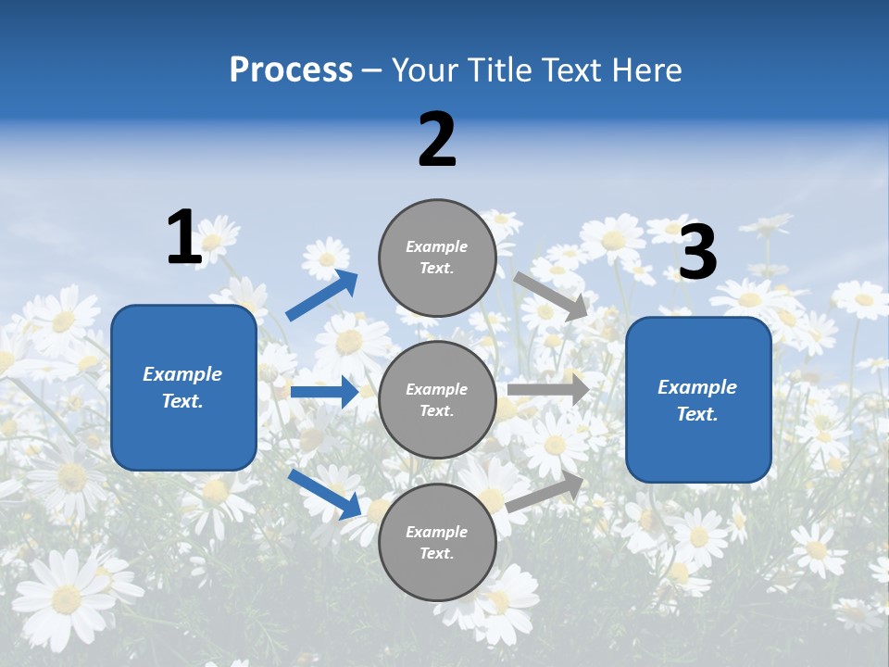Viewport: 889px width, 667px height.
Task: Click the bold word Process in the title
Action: coord(291,70)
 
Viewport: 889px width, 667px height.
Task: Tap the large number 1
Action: coord(184,237)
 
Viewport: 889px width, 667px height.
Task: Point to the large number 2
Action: coord(437,140)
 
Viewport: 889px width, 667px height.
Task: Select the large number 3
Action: coord(697,253)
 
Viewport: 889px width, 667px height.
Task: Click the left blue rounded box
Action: coord(183,387)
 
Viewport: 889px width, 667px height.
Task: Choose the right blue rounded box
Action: coord(698,400)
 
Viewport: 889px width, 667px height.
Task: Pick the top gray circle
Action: coord(437,258)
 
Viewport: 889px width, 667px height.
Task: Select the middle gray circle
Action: coord(437,399)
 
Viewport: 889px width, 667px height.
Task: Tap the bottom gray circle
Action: coord(437,542)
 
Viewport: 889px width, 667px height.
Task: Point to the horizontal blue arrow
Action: coord(324,392)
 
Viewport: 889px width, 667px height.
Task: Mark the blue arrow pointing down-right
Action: coord(324,494)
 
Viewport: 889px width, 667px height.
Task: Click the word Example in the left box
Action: coord(182,374)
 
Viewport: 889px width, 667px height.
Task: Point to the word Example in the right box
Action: coord(697,387)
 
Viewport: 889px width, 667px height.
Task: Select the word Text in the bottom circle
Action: coord(435,554)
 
